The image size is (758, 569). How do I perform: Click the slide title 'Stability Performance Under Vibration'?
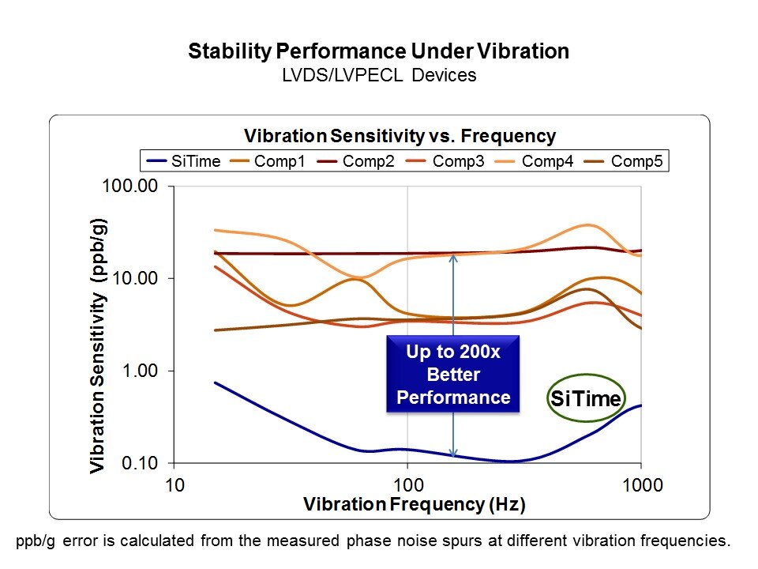point(378,52)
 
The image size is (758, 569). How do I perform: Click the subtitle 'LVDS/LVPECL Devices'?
point(378,75)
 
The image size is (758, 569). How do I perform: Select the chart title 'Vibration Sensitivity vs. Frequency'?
point(400,136)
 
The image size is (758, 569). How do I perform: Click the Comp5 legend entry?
point(637,161)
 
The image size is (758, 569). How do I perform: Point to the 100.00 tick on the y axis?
point(139,187)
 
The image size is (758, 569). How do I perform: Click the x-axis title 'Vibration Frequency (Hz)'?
point(415,503)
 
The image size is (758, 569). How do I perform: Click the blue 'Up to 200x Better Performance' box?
point(453,374)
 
